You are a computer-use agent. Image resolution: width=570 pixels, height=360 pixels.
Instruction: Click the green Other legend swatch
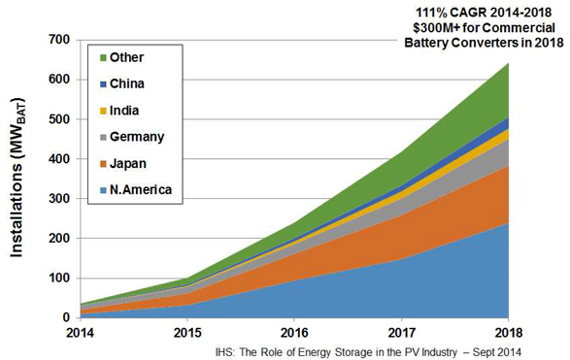[103, 58]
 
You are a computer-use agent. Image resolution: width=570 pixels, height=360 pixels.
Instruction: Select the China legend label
[127, 83]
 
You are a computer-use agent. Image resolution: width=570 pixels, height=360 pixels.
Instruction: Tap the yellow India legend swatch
[103, 111]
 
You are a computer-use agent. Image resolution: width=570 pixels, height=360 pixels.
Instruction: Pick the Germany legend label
[137, 137]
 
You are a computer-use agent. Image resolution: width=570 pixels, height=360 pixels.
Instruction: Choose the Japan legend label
[128, 163]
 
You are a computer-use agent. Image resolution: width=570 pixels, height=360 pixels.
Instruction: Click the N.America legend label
[141, 189]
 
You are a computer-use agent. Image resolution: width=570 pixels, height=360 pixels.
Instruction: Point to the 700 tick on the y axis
[59, 40]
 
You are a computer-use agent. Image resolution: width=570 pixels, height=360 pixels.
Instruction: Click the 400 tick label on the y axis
[59, 159]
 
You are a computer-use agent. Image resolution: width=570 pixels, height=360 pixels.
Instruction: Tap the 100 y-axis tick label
[59, 278]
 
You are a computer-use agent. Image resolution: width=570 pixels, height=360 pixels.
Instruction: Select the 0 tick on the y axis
[66, 317]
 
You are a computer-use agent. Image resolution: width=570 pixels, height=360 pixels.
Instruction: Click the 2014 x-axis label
[80, 333]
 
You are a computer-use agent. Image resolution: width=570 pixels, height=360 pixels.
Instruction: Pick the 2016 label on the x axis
[294, 333]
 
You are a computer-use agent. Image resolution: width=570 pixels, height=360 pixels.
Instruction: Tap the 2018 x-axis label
[508, 333]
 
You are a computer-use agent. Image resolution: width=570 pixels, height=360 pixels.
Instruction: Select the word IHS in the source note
[222, 352]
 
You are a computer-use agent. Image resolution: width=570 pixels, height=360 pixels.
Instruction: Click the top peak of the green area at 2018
[508, 63]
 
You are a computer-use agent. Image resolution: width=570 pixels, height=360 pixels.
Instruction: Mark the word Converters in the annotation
[489, 43]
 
